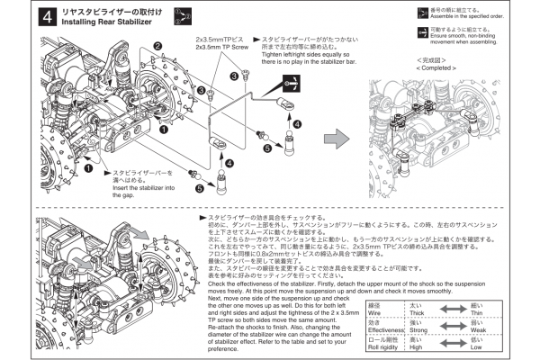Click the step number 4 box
click(45, 16)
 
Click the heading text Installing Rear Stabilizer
click(101, 22)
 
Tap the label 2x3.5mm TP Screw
click(220, 49)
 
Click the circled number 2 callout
click(157, 45)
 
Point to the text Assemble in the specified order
click(481, 16)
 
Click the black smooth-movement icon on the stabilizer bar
click(292, 80)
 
